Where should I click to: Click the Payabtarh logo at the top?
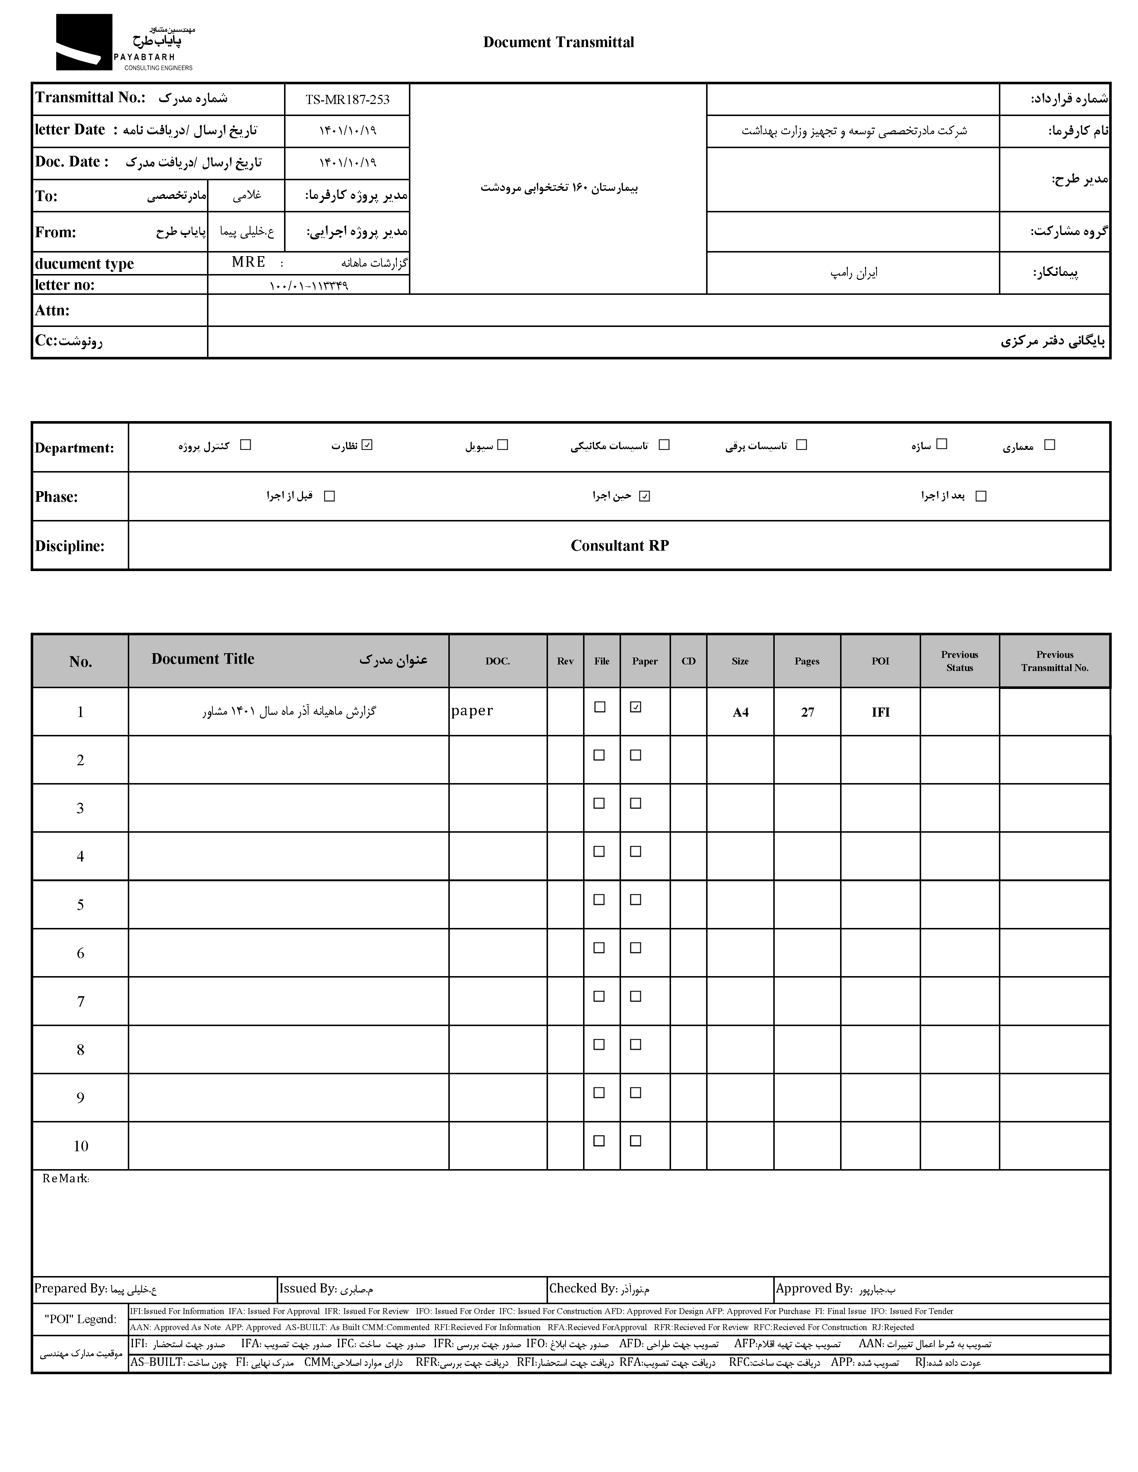coord(125,42)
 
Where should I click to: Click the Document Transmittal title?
coord(558,42)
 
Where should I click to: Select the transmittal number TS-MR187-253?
coord(347,100)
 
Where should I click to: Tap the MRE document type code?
coord(248,262)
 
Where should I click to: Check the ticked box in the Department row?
coord(367,445)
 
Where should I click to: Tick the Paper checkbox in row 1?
coord(635,707)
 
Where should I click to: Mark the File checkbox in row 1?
coord(599,707)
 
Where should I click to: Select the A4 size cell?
coord(740,712)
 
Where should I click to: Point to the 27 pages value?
coord(807,712)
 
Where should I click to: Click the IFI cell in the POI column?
coord(881,712)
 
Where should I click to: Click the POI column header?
coord(881,661)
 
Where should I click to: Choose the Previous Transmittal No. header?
coord(1054,661)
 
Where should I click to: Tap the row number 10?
coord(80,1146)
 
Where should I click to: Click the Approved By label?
coord(814,1289)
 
